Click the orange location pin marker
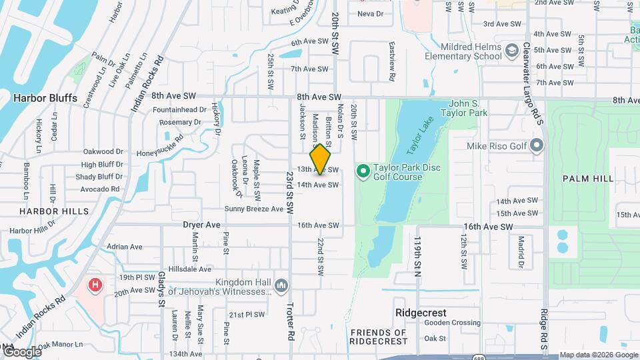pos(321,159)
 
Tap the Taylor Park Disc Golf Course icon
pos(363,172)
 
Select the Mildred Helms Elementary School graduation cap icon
pos(511,51)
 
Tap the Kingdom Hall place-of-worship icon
pos(281,285)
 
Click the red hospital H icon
pos(95,285)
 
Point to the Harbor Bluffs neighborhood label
pos(45,98)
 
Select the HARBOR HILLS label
pos(54,211)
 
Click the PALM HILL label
pos(587,179)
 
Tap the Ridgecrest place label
pos(421,312)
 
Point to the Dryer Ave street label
pos(201,225)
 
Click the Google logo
pos(21,351)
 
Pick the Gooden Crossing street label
pos(453,323)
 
